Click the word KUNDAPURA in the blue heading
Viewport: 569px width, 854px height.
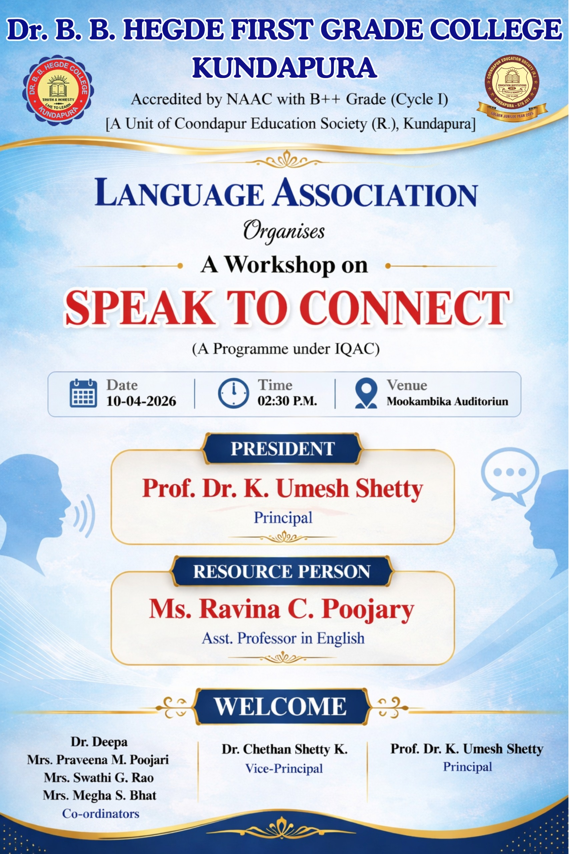pyautogui.click(x=284, y=67)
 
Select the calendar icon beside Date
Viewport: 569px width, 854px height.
pyautogui.click(x=83, y=393)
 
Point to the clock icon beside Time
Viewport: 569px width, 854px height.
pyautogui.click(x=233, y=393)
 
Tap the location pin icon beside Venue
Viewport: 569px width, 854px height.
pyautogui.click(x=366, y=393)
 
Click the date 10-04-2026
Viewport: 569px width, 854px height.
pyautogui.click(x=141, y=401)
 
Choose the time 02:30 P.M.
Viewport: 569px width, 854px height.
pyautogui.click(x=288, y=401)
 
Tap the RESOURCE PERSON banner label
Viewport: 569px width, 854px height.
pyautogui.click(x=281, y=571)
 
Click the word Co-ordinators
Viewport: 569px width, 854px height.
pyautogui.click(x=100, y=814)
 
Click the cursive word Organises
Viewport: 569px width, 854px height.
pyautogui.click(x=284, y=231)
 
